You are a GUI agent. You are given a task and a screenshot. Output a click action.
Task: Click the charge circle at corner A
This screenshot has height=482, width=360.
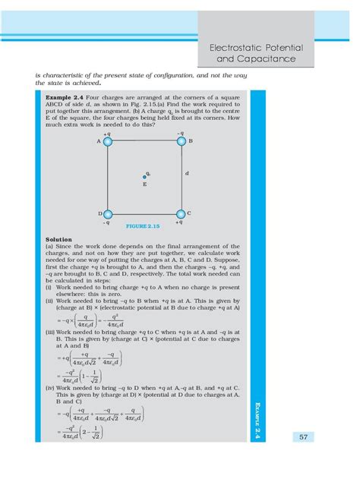pyautogui.click(x=108, y=141)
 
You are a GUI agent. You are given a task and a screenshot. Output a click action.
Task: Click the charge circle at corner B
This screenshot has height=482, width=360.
pyautogui.click(x=180, y=141)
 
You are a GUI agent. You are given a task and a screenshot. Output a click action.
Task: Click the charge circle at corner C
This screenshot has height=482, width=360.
pyautogui.click(x=180, y=214)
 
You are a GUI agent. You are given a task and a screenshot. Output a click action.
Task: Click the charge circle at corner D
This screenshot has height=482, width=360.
pyautogui.click(x=108, y=214)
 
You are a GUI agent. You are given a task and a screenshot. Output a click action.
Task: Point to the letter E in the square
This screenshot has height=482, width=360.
pyautogui.click(x=144, y=184)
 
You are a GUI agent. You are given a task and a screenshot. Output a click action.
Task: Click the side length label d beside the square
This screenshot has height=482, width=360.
pyautogui.click(x=187, y=174)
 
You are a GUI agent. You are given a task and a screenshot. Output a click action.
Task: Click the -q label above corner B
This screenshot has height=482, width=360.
pyautogui.click(x=180, y=133)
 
